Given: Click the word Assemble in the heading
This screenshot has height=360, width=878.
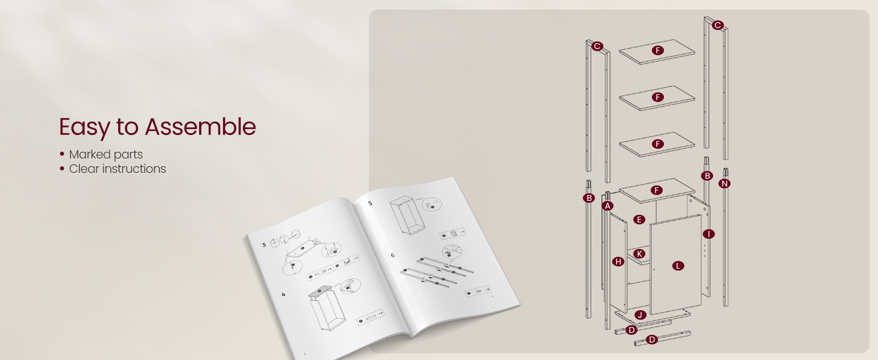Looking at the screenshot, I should pyautogui.click(x=200, y=127).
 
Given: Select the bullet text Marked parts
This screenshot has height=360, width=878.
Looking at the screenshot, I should pyautogui.click(x=106, y=154).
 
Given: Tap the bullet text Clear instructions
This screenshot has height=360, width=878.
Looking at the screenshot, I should pyautogui.click(x=118, y=169).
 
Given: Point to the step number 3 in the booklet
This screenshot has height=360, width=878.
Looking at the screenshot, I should pyautogui.click(x=264, y=245).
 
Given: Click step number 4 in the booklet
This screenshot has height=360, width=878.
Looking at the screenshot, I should pyautogui.click(x=284, y=294).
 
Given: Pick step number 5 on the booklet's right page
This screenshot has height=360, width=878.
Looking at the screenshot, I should pyautogui.click(x=370, y=203).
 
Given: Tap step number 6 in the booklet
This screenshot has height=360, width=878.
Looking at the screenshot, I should pyautogui.click(x=393, y=255).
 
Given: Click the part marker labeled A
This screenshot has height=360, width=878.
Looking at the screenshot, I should pyautogui.click(x=608, y=206).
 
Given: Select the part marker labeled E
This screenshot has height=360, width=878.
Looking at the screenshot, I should pyautogui.click(x=639, y=220).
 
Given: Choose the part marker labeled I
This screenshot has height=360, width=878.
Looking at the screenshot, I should pyautogui.click(x=709, y=234).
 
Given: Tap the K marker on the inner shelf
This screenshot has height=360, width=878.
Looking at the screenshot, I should pyautogui.click(x=639, y=254).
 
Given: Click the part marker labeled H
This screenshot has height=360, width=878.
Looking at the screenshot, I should pyautogui.click(x=618, y=262).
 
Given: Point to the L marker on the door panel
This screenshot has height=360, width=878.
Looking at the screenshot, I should pyautogui.click(x=678, y=266).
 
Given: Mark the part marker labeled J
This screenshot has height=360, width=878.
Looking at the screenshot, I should pyautogui.click(x=640, y=315).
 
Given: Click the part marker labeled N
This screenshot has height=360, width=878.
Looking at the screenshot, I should pyautogui.click(x=724, y=184).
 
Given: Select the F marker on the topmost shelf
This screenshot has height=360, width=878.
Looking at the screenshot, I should pyautogui.click(x=658, y=50).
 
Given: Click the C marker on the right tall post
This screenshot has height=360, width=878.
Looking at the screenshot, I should pyautogui.click(x=717, y=25).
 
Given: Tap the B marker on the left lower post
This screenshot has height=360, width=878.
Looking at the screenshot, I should pyautogui.click(x=589, y=198).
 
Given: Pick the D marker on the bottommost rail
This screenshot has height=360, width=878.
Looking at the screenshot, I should pyautogui.click(x=652, y=340).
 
